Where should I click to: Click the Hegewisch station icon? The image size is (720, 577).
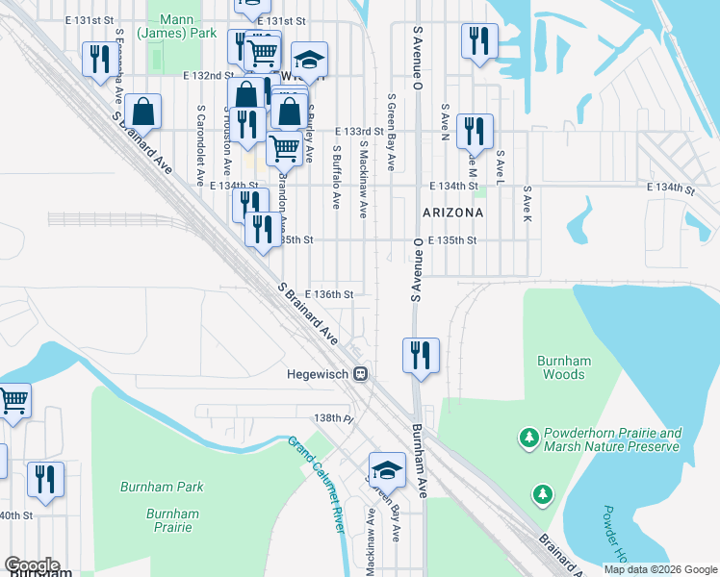(x=360, y=374)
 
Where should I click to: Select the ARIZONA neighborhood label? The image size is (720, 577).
(x=451, y=211)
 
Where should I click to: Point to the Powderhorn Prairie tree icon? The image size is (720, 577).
(x=528, y=439)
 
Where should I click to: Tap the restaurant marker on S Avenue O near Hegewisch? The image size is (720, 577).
(x=422, y=354)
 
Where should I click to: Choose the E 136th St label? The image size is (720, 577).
(x=329, y=294)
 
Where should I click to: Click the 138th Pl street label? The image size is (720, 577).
(x=337, y=418)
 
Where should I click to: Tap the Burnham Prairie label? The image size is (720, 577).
(x=173, y=520)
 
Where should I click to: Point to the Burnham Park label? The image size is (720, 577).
(x=162, y=488)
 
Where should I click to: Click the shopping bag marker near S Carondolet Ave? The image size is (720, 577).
(x=142, y=112)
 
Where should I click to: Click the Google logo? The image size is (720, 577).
(x=31, y=565)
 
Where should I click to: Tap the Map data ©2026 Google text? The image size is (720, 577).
(x=659, y=569)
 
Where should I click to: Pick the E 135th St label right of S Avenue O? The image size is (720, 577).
(x=452, y=240)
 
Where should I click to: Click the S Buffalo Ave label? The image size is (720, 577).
(x=337, y=178)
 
